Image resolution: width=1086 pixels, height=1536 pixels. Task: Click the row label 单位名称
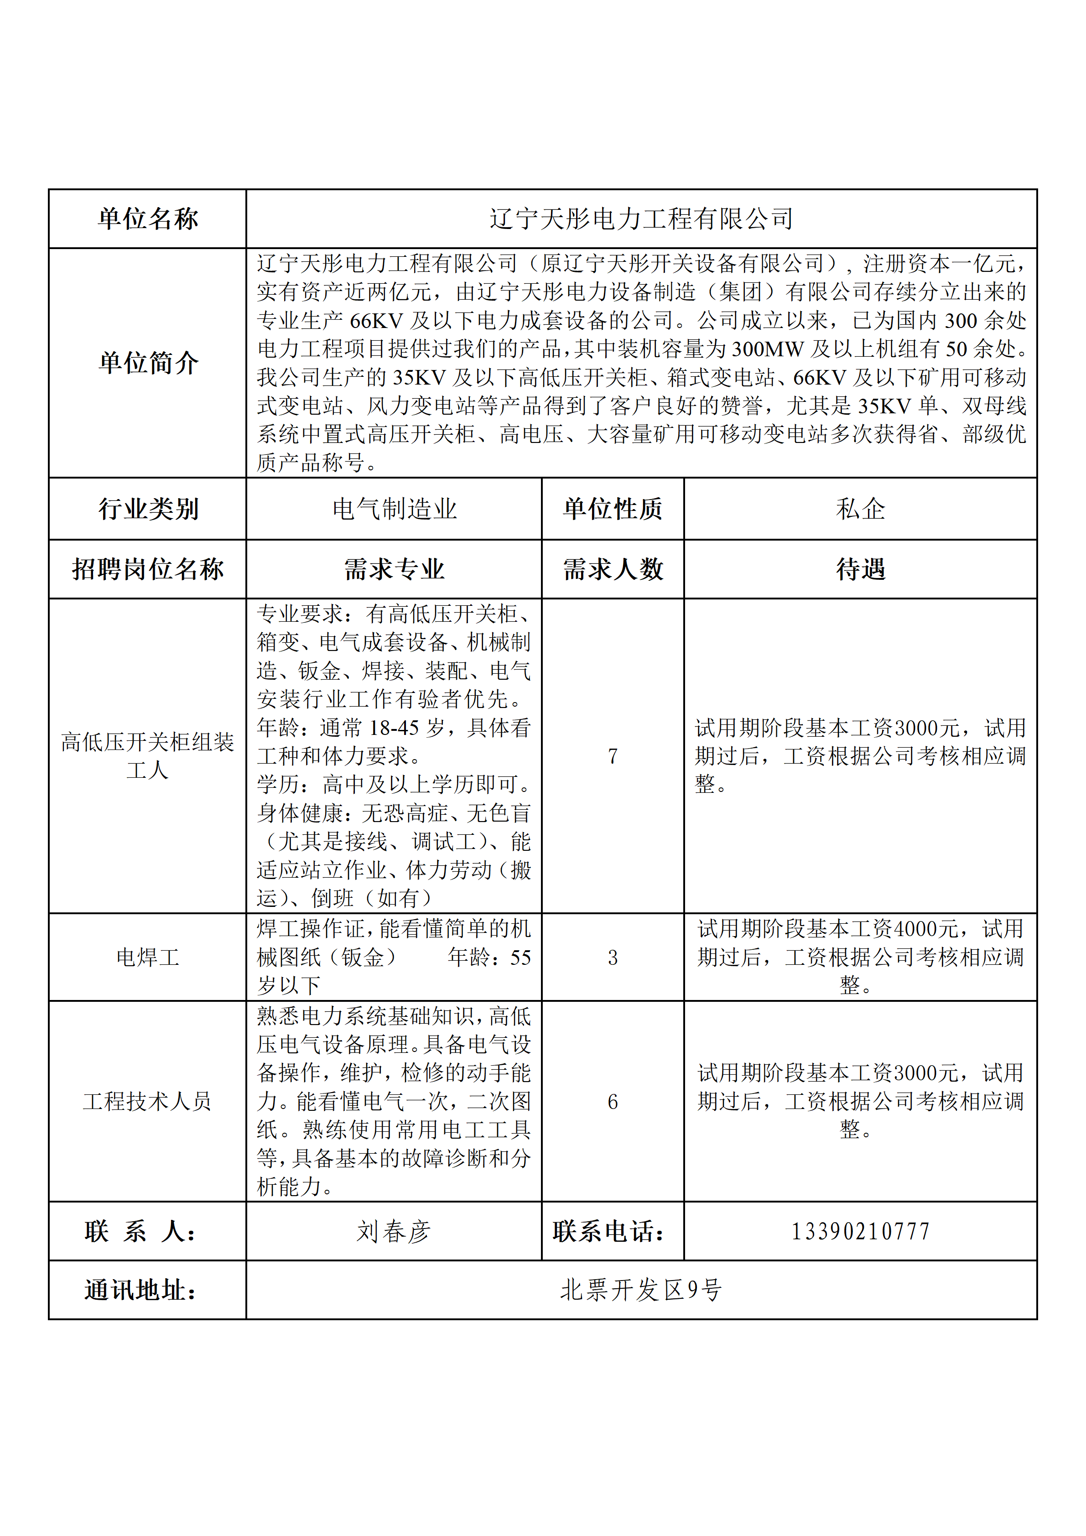coord(148,219)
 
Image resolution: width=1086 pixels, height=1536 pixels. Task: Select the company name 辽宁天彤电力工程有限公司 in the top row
coord(641,219)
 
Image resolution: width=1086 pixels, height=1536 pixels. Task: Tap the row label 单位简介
coord(148,363)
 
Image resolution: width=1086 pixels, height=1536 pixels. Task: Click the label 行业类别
coord(148,509)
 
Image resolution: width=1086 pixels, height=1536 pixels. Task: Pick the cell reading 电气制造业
coord(394,509)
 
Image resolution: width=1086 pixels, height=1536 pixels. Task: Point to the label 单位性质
coord(613,509)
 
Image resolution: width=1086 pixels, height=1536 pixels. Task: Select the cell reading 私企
coord(860,509)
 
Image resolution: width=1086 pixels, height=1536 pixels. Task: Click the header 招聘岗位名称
coord(148,569)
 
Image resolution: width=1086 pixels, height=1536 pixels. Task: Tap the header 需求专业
coord(394,569)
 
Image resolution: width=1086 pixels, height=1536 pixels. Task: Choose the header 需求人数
coord(613,569)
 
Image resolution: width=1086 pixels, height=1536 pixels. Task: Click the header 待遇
coord(860,569)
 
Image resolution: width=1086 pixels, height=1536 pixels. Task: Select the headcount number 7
coord(613,756)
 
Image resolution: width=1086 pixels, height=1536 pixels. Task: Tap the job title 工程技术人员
coord(148,1101)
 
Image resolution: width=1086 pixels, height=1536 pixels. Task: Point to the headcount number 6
coord(613,1101)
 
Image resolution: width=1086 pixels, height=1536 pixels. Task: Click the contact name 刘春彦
coord(394,1231)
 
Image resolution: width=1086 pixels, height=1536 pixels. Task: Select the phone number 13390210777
coord(860,1231)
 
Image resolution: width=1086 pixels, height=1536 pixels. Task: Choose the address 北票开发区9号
coord(641,1290)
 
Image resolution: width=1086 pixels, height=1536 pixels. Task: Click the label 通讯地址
coord(141,1290)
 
